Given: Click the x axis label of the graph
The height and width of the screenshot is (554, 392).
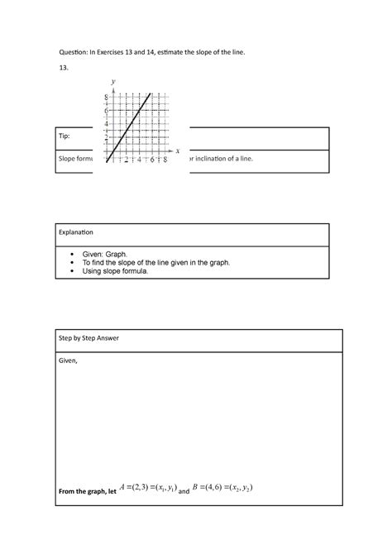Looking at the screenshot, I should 177,151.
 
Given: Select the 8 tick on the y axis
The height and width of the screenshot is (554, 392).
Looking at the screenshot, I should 106,97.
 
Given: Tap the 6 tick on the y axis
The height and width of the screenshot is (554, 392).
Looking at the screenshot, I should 106,110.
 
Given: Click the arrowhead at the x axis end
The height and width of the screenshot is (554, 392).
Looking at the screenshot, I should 170,151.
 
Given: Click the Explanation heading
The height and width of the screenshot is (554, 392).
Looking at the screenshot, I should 76,233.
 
